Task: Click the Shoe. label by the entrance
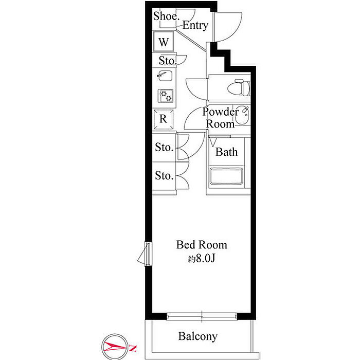click(166, 16)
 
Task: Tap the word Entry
click(195, 25)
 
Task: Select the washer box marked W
click(164, 42)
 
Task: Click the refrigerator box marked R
click(163, 119)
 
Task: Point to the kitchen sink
click(165, 76)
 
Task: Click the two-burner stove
click(165, 96)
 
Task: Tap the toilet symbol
click(239, 87)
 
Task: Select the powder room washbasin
click(242, 115)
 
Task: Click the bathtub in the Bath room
click(226, 176)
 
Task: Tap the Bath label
click(226, 152)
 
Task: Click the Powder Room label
click(220, 118)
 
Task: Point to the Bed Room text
click(202, 245)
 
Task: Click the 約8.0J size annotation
click(202, 259)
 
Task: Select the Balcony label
click(197, 336)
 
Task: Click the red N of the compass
click(133, 348)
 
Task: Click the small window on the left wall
click(148, 254)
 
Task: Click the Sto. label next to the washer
click(168, 61)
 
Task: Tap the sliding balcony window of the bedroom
click(202, 316)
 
